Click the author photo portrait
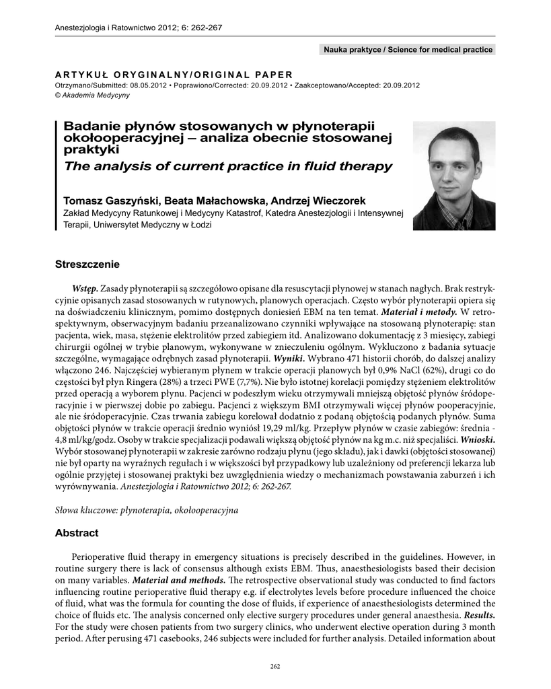(454, 176)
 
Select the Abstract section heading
(77, 533)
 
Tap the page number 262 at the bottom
(274, 666)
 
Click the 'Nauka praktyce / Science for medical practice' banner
(408, 50)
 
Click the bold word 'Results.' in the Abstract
(478, 614)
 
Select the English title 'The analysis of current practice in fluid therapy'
(227, 166)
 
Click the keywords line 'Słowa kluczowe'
(147, 511)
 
